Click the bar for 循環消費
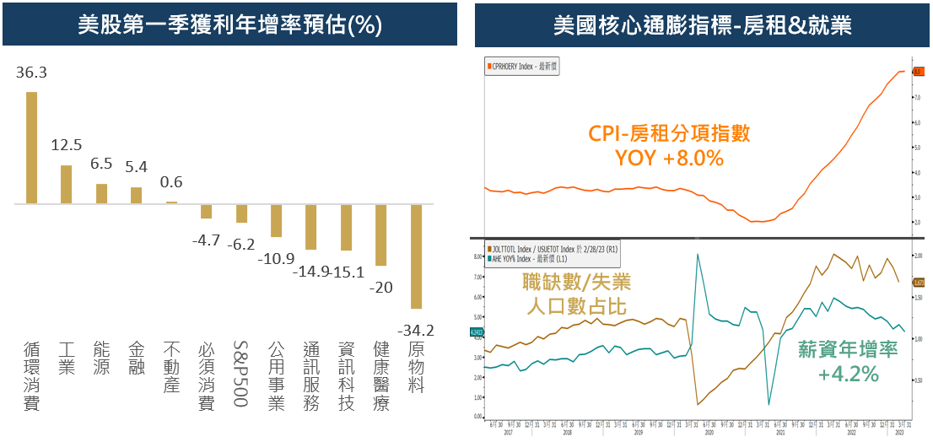pos(31,148)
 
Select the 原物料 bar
pos(416,256)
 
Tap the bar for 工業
pos(67,184)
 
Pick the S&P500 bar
pos(241,213)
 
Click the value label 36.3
pos(31,73)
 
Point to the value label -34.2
pos(416,330)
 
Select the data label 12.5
pos(67,145)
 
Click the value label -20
pos(380,287)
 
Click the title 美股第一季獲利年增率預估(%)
pos(229,25)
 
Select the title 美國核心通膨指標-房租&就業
pos(702,25)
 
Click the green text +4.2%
pos(848,373)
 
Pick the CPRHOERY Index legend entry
pos(524,66)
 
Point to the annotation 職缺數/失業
pos(577,282)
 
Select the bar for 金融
pos(137,195)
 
